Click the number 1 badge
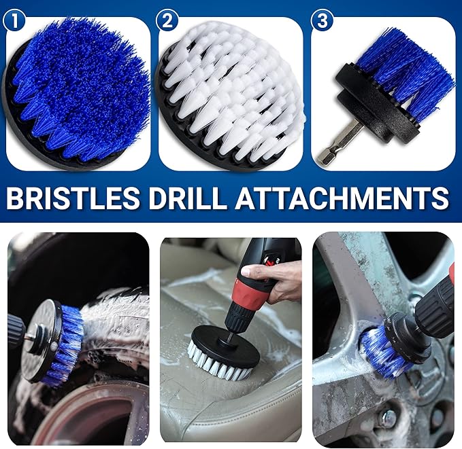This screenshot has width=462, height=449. tap(14, 20)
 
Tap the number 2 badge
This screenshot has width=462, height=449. tap(166, 20)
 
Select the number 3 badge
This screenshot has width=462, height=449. tap(322, 20)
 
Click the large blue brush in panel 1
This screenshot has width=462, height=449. tap(78, 92)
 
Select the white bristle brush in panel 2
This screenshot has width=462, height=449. tap(231, 95)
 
